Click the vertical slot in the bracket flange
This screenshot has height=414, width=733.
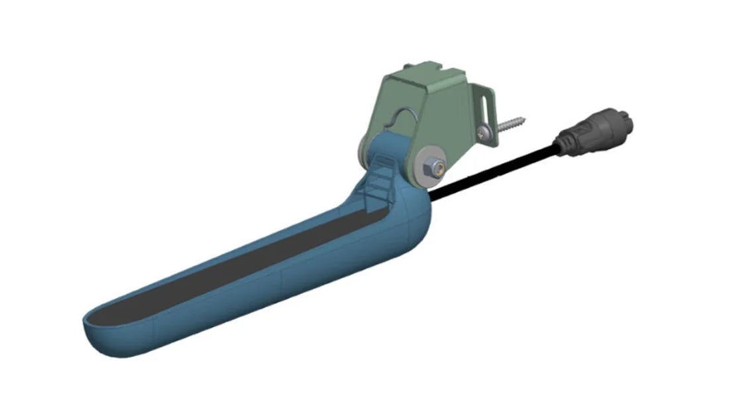click(490, 106)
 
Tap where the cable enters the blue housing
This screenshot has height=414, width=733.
click(434, 196)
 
